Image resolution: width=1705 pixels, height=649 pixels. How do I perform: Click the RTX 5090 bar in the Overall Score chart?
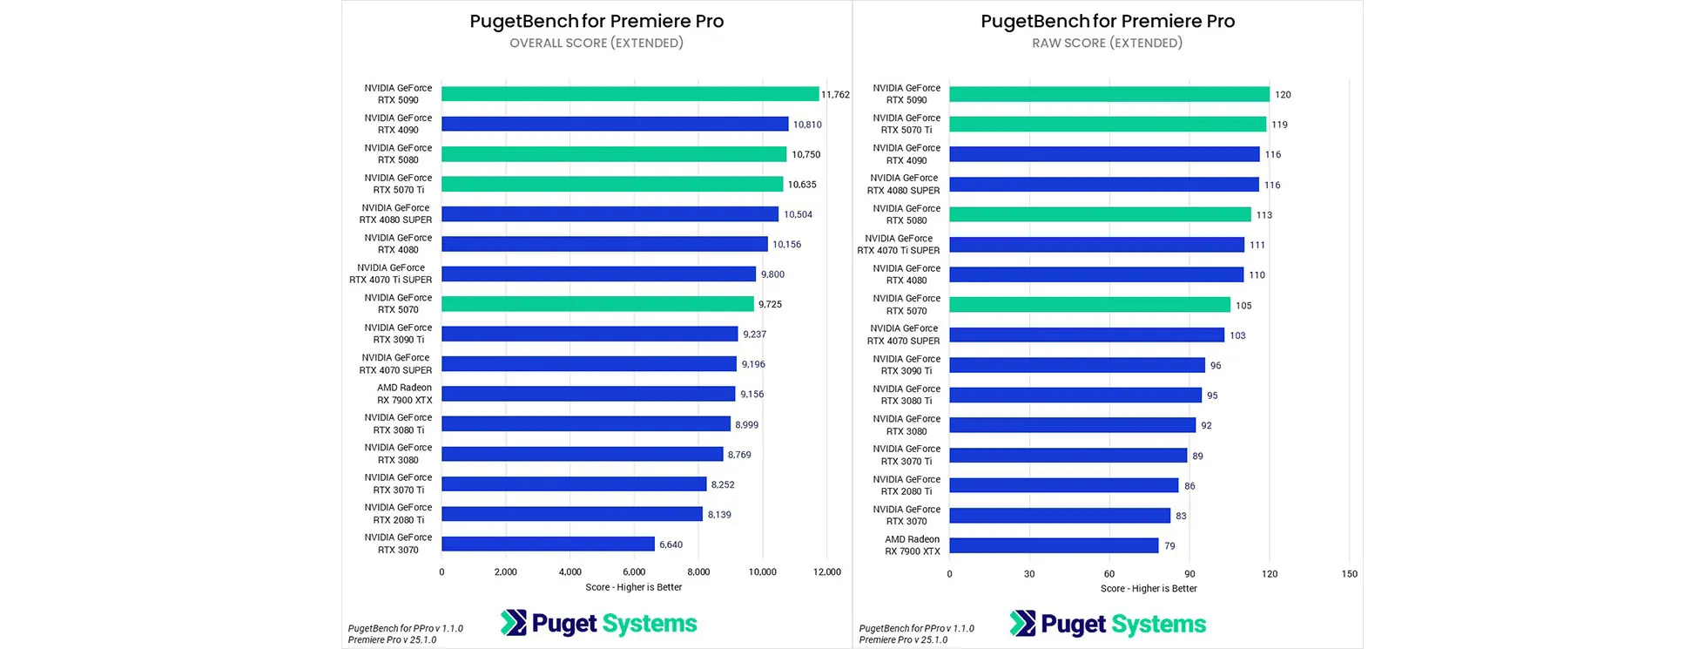click(x=630, y=94)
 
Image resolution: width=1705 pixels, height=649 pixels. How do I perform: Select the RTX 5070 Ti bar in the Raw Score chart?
click(x=1107, y=125)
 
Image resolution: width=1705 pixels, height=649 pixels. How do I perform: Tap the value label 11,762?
click(x=835, y=95)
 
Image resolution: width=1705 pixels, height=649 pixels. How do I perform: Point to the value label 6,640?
click(x=671, y=544)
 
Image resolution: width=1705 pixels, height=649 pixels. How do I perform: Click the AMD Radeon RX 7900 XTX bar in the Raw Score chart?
click(x=1054, y=546)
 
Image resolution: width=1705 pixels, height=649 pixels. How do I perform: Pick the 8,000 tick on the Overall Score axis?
click(x=698, y=572)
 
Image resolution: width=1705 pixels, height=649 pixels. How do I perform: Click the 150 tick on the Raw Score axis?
click(x=1349, y=574)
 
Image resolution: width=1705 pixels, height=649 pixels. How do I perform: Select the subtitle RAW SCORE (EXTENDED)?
click(x=1107, y=43)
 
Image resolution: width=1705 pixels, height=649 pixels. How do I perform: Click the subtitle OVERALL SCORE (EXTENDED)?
click(x=596, y=43)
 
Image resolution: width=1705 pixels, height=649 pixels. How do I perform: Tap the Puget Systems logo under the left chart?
click(x=599, y=624)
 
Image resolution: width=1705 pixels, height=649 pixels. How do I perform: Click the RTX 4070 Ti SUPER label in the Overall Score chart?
click(x=391, y=274)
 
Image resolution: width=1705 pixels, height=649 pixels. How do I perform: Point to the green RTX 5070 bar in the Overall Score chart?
click(x=597, y=304)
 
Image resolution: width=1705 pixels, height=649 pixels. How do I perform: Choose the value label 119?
click(x=1279, y=125)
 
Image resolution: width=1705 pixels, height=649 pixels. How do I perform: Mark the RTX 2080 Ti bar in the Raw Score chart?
click(x=1063, y=486)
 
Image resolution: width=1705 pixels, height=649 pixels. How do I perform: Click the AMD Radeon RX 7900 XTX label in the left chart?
click(x=404, y=394)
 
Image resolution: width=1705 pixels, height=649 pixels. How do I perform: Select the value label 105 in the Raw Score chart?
click(x=1243, y=306)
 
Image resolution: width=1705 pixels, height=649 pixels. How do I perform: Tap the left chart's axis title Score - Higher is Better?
click(x=634, y=587)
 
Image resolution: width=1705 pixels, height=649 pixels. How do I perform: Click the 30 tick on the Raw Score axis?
click(x=1029, y=574)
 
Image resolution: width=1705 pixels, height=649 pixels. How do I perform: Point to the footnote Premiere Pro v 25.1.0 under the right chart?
click(x=903, y=640)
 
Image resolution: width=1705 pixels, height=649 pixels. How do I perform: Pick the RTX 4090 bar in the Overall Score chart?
click(x=615, y=125)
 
